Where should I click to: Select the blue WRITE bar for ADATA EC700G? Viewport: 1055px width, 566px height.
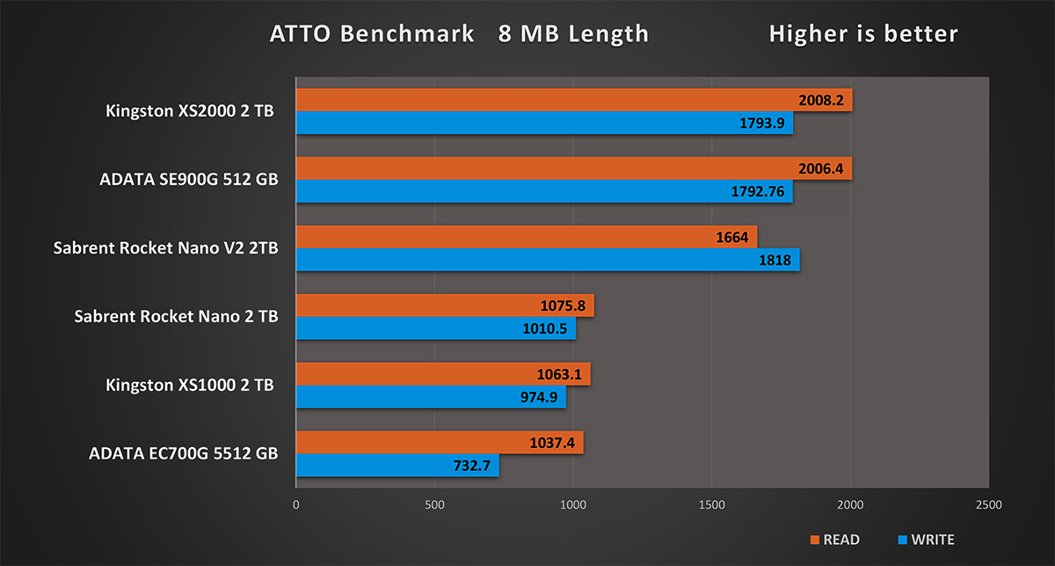[396, 466]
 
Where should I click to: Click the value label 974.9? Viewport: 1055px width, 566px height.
[538, 397]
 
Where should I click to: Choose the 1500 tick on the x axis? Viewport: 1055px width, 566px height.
[712, 505]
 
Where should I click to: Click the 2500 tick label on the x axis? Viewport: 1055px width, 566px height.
[988, 505]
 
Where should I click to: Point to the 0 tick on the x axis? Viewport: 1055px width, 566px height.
[296, 505]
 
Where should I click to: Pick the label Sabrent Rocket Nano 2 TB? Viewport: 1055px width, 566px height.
[177, 316]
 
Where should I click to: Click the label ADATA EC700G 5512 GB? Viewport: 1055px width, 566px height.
[184, 454]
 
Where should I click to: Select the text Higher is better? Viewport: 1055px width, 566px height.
[863, 34]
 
